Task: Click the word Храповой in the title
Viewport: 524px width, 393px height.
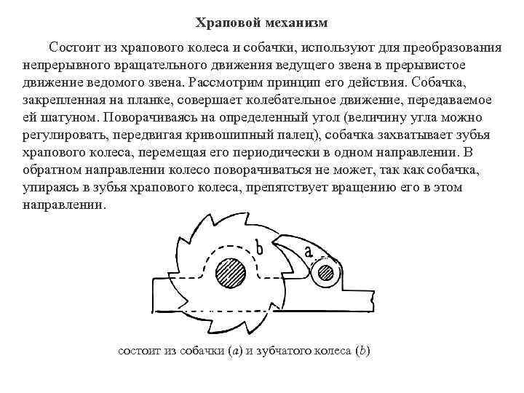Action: point(222,23)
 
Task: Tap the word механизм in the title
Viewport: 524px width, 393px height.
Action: point(298,23)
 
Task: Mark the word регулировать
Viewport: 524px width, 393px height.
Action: point(62,135)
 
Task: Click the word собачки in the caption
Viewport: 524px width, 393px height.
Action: point(201,351)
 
